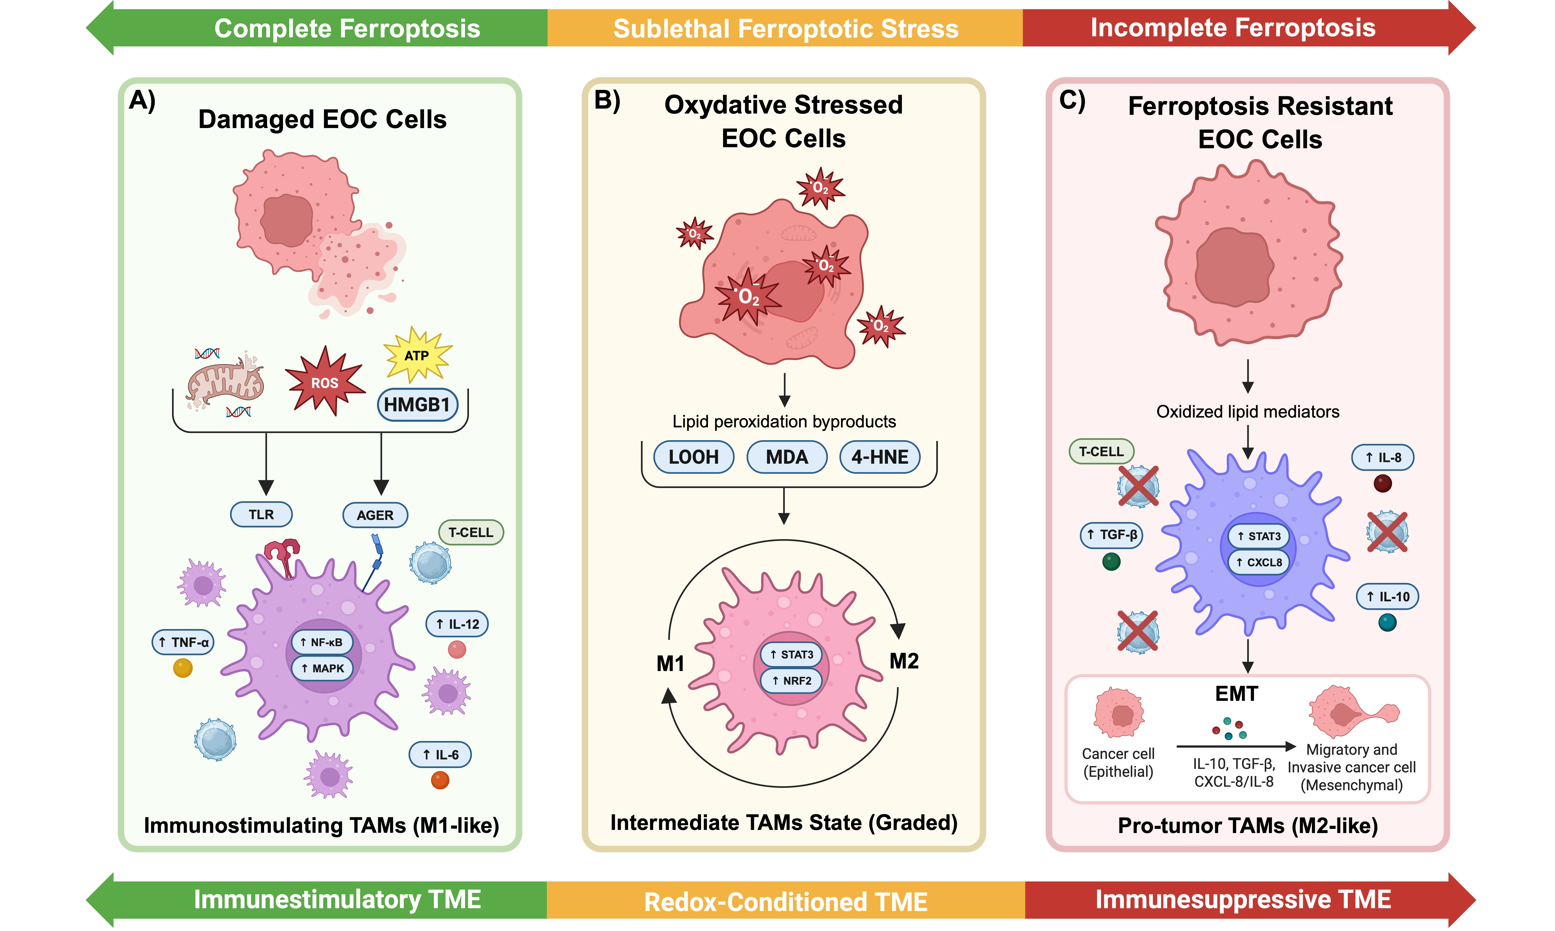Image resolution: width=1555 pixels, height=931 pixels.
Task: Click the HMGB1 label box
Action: pyautogui.click(x=417, y=405)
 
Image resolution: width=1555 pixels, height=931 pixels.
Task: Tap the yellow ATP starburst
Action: pyautogui.click(x=417, y=355)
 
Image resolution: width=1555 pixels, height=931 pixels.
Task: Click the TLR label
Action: pyautogui.click(x=261, y=514)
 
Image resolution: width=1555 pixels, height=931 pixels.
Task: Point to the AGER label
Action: pyautogui.click(x=375, y=515)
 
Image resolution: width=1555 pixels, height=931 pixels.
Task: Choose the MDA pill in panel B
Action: pyautogui.click(x=787, y=457)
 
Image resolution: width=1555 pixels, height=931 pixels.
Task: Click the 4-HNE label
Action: pyautogui.click(x=879, y=457)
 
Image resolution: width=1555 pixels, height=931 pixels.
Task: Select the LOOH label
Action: pyautogui.click(x=694, y=457)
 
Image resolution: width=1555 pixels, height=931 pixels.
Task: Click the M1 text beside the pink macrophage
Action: pyautogui.click(x=670, y=663)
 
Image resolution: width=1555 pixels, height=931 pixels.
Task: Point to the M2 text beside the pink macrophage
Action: pyautogui.click(x=904, y=661)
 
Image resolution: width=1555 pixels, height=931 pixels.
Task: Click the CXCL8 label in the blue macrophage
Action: pyautogui.click(x=1258, y=562)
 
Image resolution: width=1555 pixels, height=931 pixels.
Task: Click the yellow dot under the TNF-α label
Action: pyautogui.click(x=182, y=668)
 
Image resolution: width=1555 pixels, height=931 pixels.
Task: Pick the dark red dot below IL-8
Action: pyautogui.click(x=1382, y=483)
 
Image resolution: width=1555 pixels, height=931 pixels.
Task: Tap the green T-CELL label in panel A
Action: pyautogui.click(x=471, y=532)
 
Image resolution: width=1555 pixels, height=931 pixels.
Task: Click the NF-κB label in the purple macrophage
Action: pyautogui.click(x=322, y=642)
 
